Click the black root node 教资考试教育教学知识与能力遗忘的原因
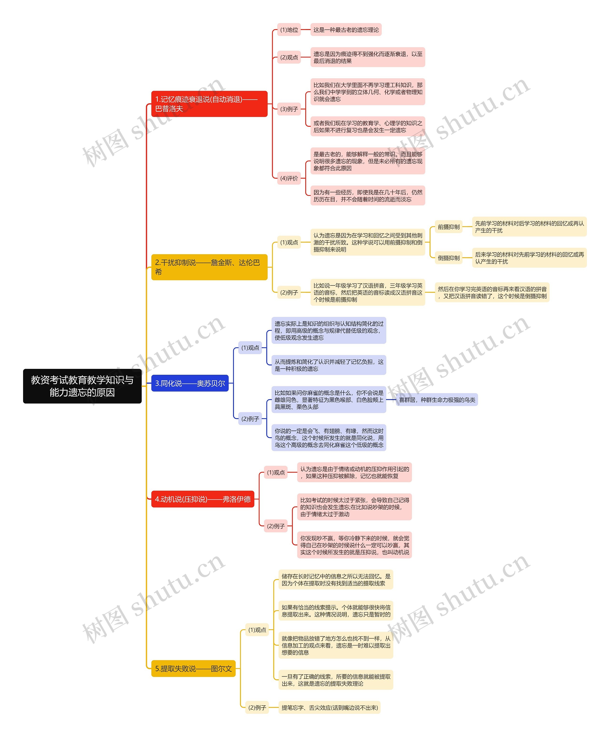(82, 386)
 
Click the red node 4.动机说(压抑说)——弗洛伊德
(203, 499)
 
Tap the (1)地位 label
(289, 30)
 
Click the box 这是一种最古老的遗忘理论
(346, 30)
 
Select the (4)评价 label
(289, 178)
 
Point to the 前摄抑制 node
(448, 227)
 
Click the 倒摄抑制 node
(448, 258)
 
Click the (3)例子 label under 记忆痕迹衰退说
(289, 109)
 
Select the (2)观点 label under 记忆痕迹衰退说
(289, 57)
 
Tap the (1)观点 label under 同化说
(250, 348)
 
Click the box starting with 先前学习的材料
(529, 227)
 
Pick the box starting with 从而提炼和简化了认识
(329, 365)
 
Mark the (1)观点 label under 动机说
(276, 472)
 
